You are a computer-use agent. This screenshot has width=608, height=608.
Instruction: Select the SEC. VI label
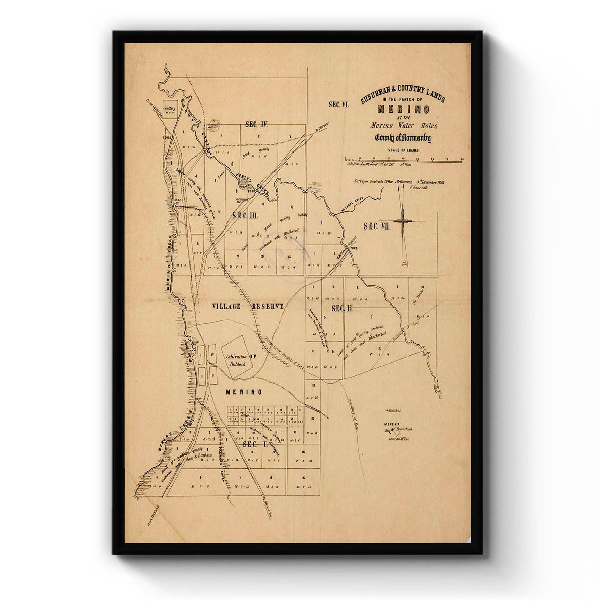click(339, 105)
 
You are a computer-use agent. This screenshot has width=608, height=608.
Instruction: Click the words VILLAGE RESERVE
click(240, 307)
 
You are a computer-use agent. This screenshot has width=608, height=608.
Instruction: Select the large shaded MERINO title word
click(403, 109)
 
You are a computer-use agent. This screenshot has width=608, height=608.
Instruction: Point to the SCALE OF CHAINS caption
click(403, 150)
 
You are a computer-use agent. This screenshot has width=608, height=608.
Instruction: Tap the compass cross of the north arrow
click(403, 221)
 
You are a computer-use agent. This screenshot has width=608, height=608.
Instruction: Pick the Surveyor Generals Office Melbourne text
click(384, 181)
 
